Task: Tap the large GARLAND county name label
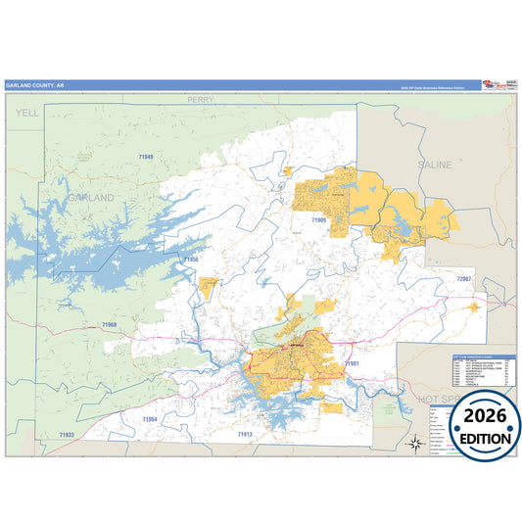(91, 198)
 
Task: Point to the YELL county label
(24, 115)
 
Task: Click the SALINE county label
(436, 166)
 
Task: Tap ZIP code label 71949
(146, 157)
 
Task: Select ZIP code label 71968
(109, 324)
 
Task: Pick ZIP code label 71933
(67, 434)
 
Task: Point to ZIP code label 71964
(149, 419)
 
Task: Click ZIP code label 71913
(245, 433)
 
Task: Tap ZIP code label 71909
(319, 220)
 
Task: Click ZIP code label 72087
(463, 280)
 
